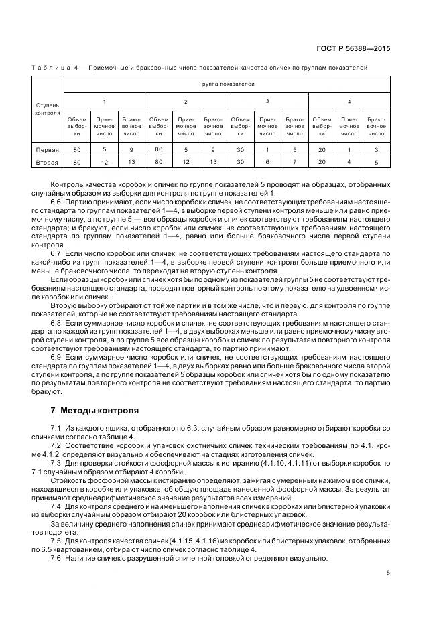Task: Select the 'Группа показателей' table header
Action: point(227,85)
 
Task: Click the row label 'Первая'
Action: point(48,150)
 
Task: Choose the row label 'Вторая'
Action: point(48,162)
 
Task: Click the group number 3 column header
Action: point(267,101)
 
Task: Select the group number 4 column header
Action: point(349,101)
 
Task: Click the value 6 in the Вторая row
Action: point(267,162)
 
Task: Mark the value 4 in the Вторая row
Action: point(349,162)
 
